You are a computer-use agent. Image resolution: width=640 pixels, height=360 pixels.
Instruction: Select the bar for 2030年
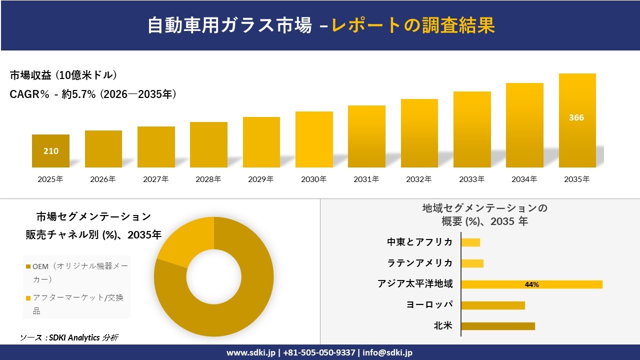[x=314, y=139]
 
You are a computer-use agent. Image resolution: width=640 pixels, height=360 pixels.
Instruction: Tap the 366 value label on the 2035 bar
[x=576, y=118]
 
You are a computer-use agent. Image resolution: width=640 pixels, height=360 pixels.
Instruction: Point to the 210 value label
[x=51, y=151]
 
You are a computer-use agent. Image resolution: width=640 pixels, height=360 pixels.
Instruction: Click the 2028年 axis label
[x=208, y=179]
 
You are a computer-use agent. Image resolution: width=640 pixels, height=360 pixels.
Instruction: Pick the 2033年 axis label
[x=471, y=179]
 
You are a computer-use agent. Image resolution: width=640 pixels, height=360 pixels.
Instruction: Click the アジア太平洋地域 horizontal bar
[x=531, y=284]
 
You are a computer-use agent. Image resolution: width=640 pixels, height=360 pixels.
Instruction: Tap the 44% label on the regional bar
[x=531, y=284]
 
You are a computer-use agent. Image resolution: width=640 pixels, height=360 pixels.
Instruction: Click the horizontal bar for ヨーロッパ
[x=492, y=305]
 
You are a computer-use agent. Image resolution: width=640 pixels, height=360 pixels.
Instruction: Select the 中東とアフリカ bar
[x=470, y=242]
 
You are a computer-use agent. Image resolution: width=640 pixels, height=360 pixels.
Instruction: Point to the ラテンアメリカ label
[x=420, y=263]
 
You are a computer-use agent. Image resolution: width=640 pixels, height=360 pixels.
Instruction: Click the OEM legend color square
[x=28, y=267]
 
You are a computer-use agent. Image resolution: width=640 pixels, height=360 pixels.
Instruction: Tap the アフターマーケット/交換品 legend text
[x=78, y=304]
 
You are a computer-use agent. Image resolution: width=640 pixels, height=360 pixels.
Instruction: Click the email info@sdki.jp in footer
[x=387, y=352]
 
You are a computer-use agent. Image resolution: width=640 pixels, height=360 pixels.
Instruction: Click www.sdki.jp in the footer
[x=250, y=352]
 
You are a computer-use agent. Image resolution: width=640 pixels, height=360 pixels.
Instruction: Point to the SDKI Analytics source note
[x=69, y=337]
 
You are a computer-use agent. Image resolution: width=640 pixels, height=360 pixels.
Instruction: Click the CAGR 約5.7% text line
[x=93, y=94]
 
